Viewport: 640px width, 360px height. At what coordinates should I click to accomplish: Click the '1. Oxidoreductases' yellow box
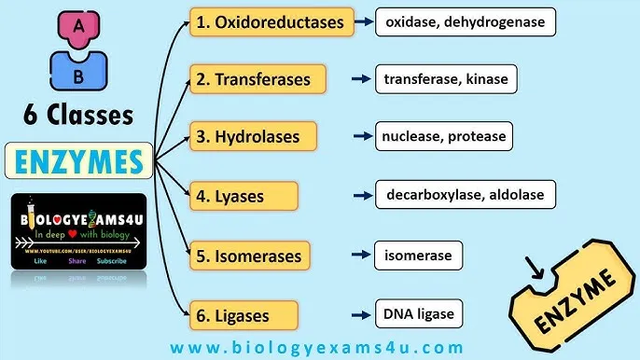(271, 21)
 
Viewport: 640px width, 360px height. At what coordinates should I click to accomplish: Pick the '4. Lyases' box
(243, 196)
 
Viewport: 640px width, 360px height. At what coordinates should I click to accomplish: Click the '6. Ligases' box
(243, 313)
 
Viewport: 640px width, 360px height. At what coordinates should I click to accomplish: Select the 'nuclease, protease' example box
(443, 137)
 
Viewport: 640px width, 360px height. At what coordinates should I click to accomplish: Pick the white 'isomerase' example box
(418, 255)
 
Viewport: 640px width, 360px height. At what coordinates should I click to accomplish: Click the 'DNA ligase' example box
(419, 313)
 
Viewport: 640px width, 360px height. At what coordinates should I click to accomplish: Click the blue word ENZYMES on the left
(80, 161)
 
